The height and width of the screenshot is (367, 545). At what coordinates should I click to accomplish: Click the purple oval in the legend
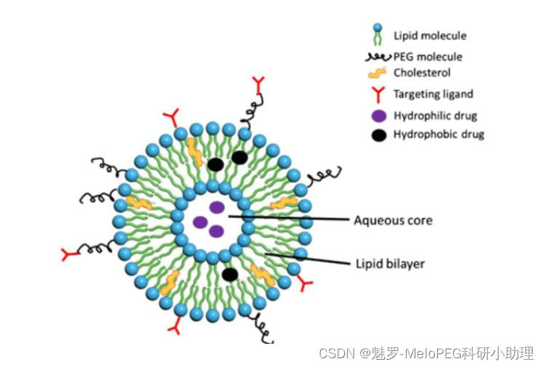pyautogui.click(x=377, y=115)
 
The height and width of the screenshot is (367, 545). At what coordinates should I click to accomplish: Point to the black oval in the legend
pyautogui.click(x=377, y=134)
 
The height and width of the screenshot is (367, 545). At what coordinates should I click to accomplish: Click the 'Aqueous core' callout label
pyautogui.click(x=393, y=219)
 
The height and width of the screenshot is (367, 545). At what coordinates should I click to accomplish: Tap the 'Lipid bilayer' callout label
pyautogui.click(x=389, y=264)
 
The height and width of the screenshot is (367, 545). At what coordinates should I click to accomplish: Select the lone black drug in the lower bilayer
pyautogui.click(x=230, y=274)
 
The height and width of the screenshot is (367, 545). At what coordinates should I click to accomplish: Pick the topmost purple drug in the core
pyautogui.click(x=217, y=207)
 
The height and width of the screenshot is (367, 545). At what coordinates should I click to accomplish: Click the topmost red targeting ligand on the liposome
pyautogui.click(x=259, y=81)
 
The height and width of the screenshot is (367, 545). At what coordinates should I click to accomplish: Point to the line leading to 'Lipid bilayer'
pyautogui.click(x=306, y=258)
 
